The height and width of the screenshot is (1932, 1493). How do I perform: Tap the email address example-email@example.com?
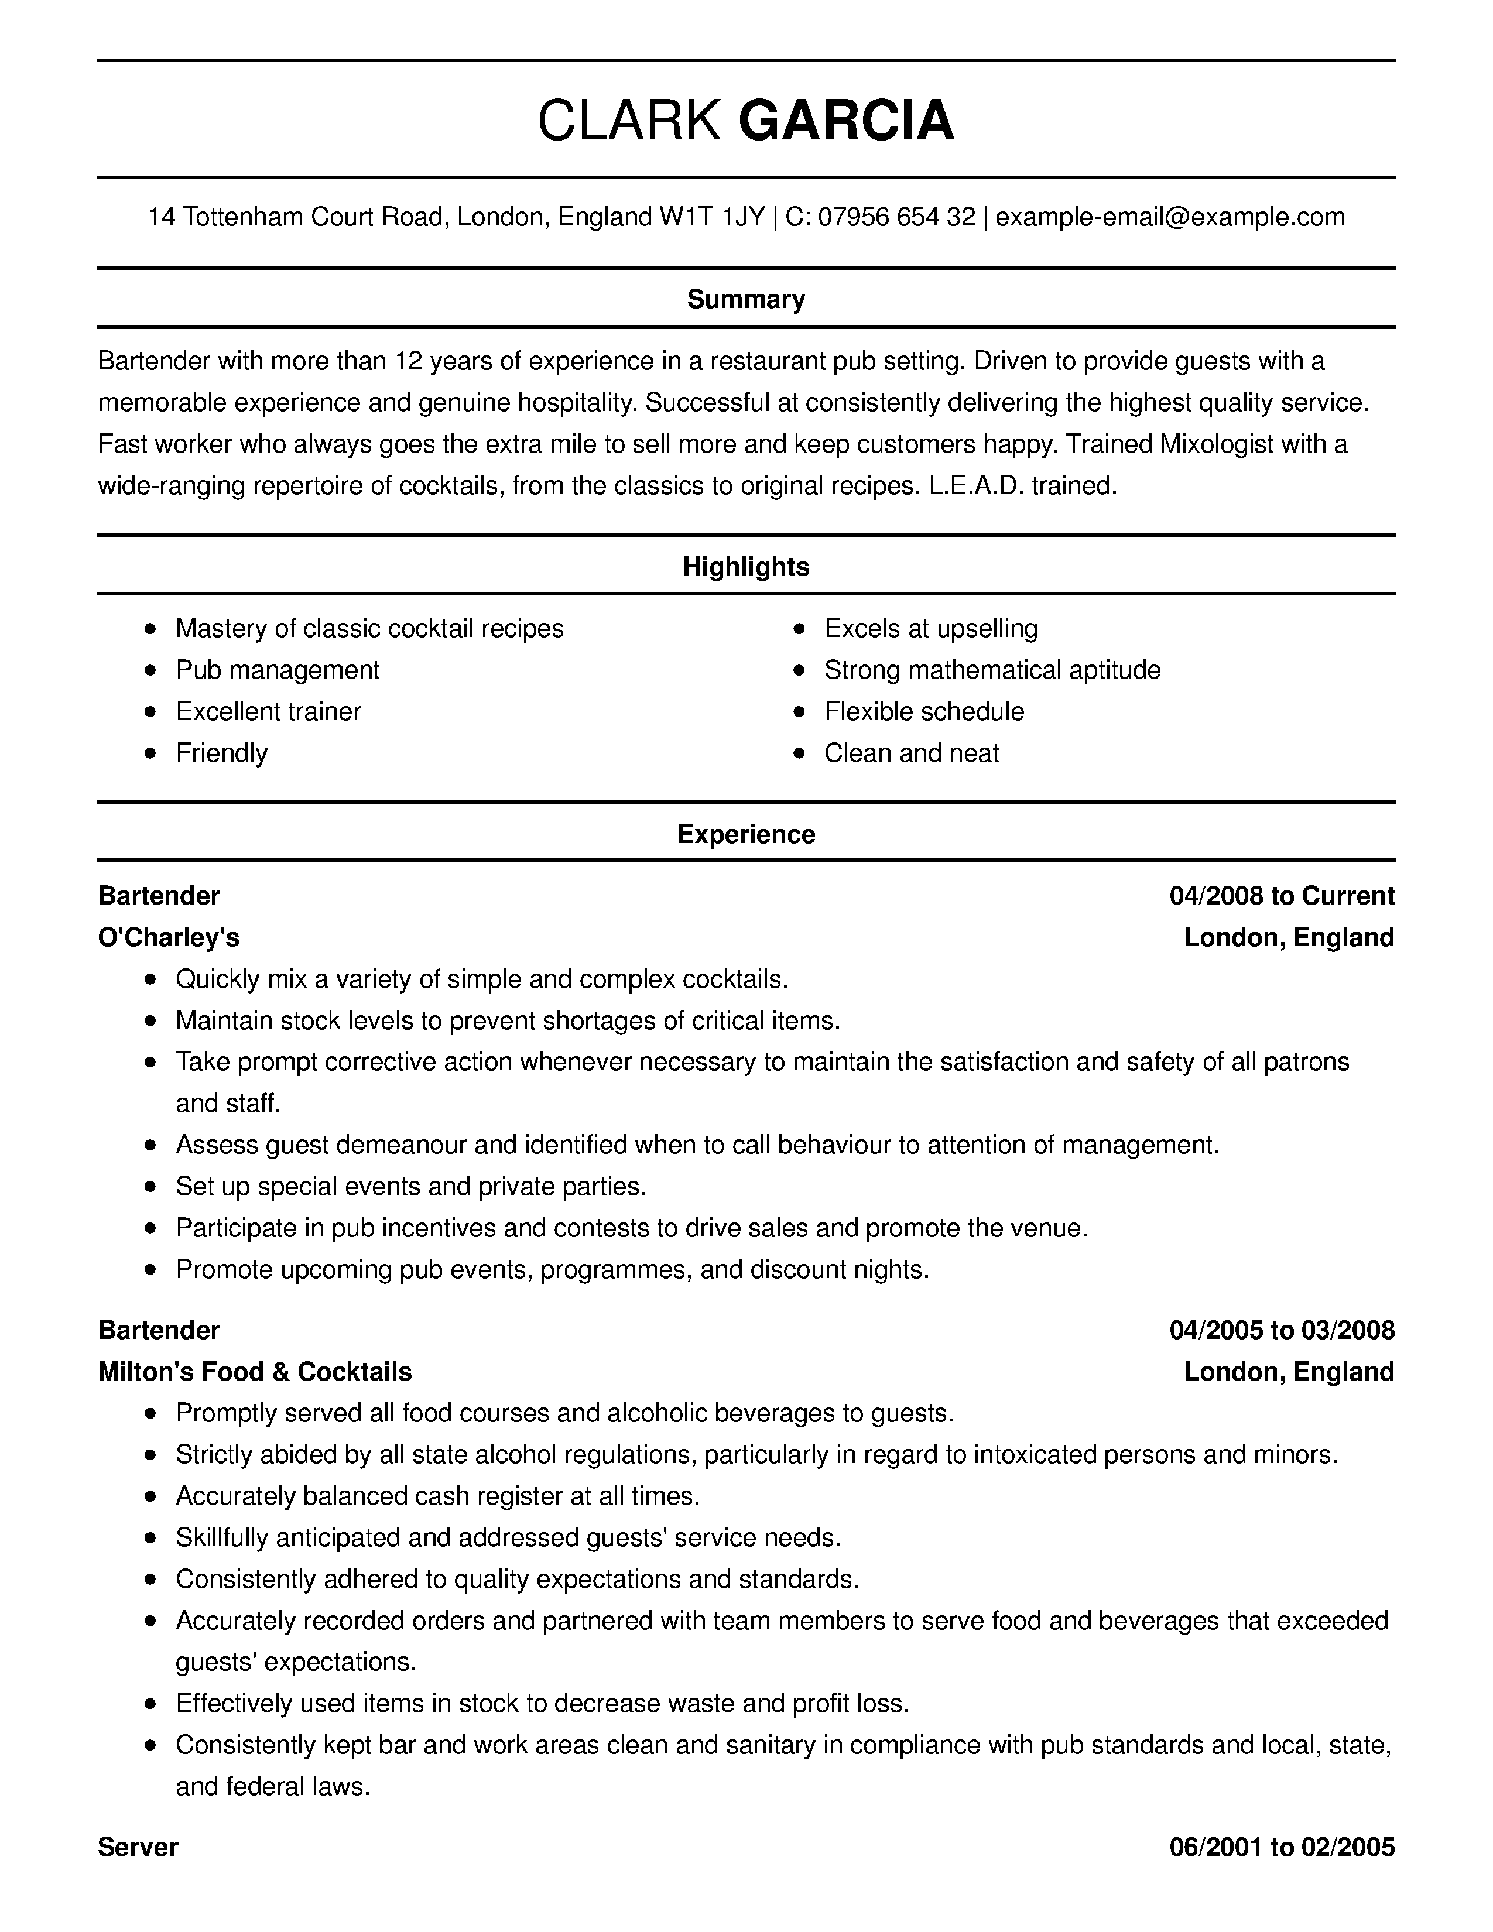1170,217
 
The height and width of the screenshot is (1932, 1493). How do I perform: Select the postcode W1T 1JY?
712,217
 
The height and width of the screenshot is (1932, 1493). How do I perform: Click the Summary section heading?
745,299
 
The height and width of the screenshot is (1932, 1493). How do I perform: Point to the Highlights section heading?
745,566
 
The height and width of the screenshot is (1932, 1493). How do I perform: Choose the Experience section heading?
745,834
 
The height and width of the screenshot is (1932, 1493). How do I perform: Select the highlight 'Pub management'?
277,670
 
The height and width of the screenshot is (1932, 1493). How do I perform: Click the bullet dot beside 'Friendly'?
151,753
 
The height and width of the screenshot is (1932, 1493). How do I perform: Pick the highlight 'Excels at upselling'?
930,628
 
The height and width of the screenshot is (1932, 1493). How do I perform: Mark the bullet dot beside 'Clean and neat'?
800,753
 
